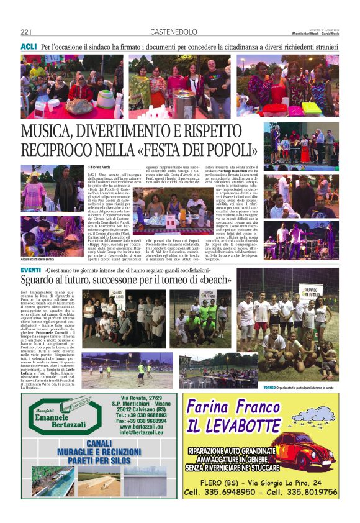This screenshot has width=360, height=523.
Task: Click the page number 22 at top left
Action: (24, 32)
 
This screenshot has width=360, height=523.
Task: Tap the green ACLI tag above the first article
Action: (28, 47)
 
